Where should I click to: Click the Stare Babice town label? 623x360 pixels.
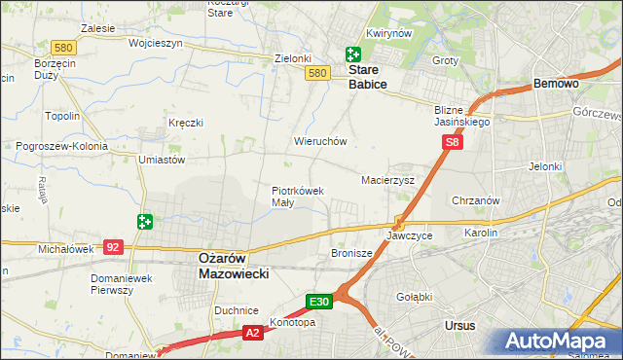tap(368, 78)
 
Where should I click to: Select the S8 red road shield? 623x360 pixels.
tap(452, 142)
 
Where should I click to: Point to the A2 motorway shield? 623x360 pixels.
tap(252, 333)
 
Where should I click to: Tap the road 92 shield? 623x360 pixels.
tap(114, 247)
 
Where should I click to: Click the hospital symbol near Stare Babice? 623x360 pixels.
tap(352, 55)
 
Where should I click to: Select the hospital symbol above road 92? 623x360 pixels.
tap(145, 222)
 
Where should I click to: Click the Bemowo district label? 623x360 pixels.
tap(556, 85)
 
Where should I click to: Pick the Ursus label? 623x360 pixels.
tap(458, 326)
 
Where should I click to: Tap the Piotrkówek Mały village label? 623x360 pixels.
tap(297, 197)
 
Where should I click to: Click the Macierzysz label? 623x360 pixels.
tap(388, 180)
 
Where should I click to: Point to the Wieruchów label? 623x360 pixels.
tap(320, 141)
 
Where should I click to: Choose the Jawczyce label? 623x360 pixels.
tap(409, 235)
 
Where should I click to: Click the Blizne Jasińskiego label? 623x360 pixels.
tap(462, 117)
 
